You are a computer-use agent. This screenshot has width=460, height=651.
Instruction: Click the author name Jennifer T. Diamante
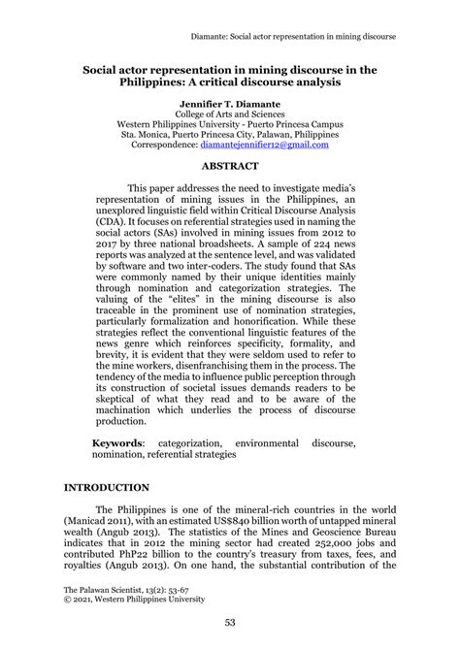pyautogui.click(x=230, y=101)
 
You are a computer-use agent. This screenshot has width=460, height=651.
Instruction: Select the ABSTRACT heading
pyautogui.click(x=230, y=166)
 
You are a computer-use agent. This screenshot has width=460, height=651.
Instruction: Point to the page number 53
pyautogui.click(x=230, y=623)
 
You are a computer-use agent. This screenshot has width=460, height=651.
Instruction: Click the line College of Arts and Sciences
pyautogui.click(x=230, y=114)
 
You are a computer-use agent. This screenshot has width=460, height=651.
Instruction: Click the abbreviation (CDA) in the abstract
pyautogui.click(x=112, y=222)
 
